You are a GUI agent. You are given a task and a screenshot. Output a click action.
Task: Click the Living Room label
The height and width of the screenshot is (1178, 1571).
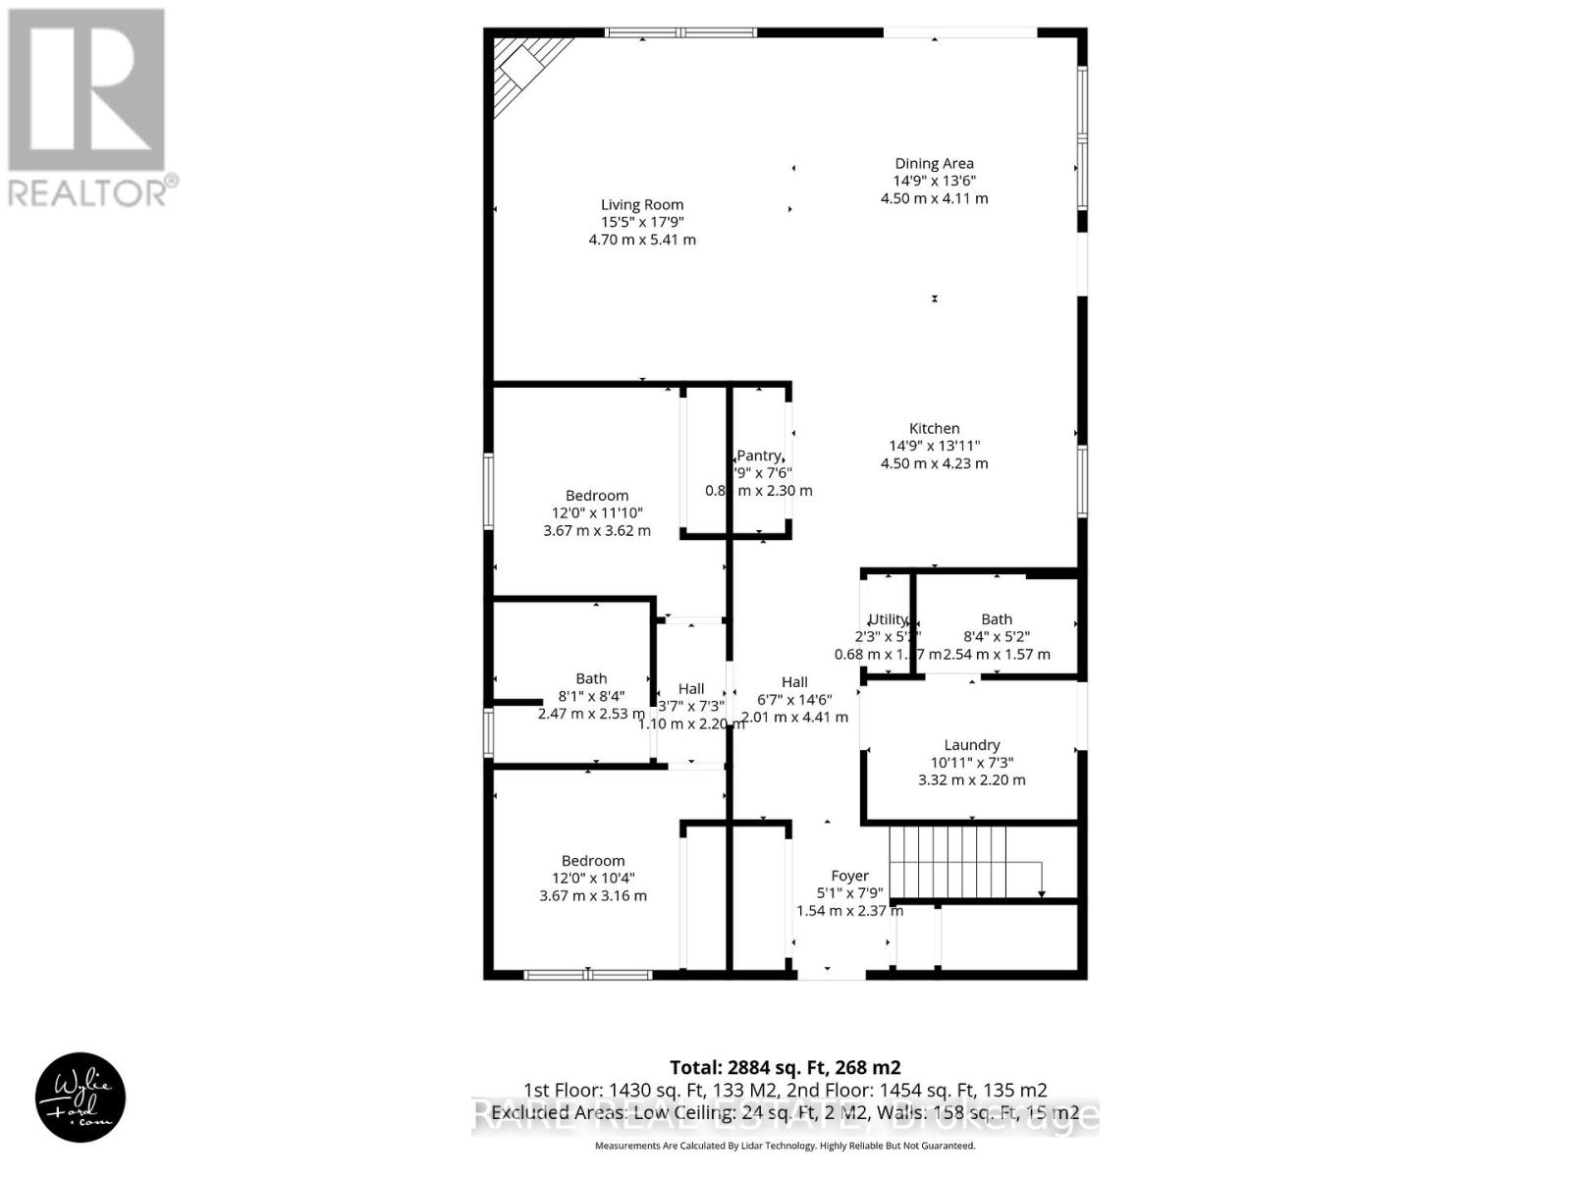[x=642, y=205]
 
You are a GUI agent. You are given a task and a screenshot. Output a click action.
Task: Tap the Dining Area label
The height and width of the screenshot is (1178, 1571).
[x=934, y=164]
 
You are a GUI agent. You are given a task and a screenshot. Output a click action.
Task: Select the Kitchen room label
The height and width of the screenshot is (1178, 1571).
[x=934, y=428]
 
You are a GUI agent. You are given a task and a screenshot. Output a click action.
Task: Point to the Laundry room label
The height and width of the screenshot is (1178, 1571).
[x=972, y=745]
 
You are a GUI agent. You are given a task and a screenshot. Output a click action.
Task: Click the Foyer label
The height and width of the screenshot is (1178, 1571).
[x=849, y=876]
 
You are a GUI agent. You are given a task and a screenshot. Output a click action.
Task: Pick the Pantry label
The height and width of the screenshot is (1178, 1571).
[x=758, y=455]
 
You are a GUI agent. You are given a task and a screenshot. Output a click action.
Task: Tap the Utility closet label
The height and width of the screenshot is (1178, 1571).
[x=888, y=619]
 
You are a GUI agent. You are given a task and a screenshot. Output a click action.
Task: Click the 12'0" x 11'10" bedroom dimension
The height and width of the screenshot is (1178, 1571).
[x=597, y=513]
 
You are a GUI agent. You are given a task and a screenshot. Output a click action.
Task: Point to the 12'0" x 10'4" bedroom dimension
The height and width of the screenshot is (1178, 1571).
[x=593, y=879]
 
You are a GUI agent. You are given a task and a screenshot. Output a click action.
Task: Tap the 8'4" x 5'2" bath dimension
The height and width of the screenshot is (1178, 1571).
[x=997, y=637]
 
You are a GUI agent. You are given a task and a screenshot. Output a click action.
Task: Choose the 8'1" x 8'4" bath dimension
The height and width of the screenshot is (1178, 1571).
[x=591, y=696]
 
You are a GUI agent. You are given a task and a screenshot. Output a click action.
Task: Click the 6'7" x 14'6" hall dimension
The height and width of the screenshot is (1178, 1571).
[x=794, y=700]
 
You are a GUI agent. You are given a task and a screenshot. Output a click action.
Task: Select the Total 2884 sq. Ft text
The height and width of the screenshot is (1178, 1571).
[x=785, y=1067]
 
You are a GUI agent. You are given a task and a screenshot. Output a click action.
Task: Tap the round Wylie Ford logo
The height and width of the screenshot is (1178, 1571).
[x=81, y=1098]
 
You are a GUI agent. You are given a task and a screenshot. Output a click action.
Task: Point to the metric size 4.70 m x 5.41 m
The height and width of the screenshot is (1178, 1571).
[x=642, y=240]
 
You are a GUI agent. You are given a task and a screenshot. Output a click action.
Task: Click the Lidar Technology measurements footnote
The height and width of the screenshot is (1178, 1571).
[x=785, y=1146]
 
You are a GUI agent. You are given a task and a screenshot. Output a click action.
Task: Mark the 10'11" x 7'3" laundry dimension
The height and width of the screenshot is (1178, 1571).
[x=972, y=763]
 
